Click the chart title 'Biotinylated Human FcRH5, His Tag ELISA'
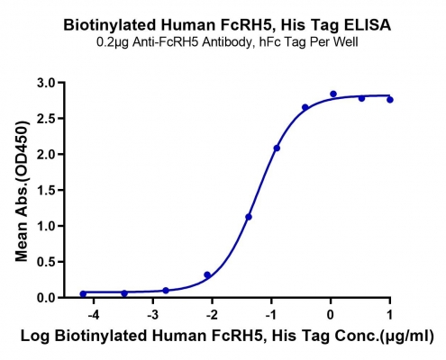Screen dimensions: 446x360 point(227,25)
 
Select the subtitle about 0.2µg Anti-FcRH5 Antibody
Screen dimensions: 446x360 point(227,42)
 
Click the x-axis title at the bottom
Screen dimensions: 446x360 point(227,337)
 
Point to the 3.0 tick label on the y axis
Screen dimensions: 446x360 point(47,83)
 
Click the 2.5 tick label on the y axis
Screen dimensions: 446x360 point(47,119)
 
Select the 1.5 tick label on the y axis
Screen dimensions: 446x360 point(47,190)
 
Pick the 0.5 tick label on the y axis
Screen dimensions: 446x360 point(47,262)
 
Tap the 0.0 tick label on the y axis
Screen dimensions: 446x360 point(47,298)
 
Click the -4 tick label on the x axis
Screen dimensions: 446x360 point(93,315)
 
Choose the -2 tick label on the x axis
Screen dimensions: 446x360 point(212,315)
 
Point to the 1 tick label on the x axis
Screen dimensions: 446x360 point(389,315)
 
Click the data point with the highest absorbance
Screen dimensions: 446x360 point(333,94)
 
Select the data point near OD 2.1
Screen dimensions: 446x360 point(277,148)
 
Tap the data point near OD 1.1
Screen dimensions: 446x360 point(249,217)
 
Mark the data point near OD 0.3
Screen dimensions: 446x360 point(207,274)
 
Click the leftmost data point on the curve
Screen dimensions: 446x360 point(83,294)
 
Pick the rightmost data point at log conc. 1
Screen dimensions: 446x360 point(390,100)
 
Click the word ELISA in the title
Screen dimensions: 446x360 point(368,25)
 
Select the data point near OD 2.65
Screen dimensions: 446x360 point(305,107)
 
